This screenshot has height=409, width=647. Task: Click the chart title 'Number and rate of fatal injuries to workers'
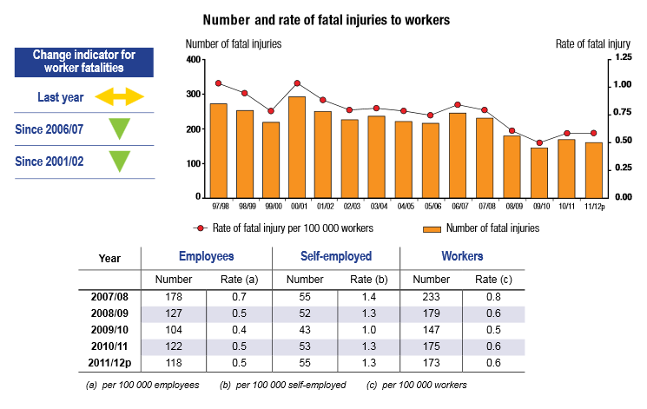[326, 19]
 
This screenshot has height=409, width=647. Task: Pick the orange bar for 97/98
[219, 151]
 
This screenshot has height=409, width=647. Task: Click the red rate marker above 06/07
[458, 105]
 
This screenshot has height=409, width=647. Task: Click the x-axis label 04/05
[405, 208]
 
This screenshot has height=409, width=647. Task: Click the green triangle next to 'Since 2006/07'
[120, 129]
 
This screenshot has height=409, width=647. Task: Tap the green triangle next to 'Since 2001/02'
[120, 162]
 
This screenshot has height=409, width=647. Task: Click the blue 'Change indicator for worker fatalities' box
[84, 61]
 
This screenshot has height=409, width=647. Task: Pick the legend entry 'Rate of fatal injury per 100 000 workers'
[283, 228]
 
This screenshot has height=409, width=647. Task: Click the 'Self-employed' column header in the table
[335, 257]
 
